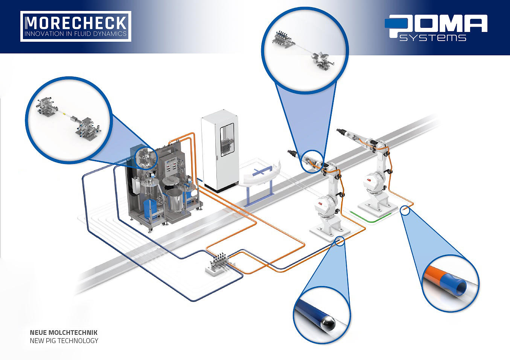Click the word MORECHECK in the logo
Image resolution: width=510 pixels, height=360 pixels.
tap(76, 23)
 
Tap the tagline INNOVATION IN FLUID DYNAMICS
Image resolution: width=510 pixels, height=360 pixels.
tap(75, 34)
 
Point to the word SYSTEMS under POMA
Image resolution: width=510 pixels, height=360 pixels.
tap(432, 38)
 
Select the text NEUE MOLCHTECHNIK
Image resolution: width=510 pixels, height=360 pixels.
tap(64, 333)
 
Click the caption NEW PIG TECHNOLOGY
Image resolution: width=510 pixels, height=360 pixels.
tap(64, 341)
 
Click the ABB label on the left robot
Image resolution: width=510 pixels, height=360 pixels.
tap(321, 204)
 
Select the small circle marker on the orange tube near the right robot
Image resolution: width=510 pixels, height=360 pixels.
tap(405, 210)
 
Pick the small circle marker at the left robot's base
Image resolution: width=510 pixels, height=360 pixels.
tap(339, 241)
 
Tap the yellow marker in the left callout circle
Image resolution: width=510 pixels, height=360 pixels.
tap(64, 112)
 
